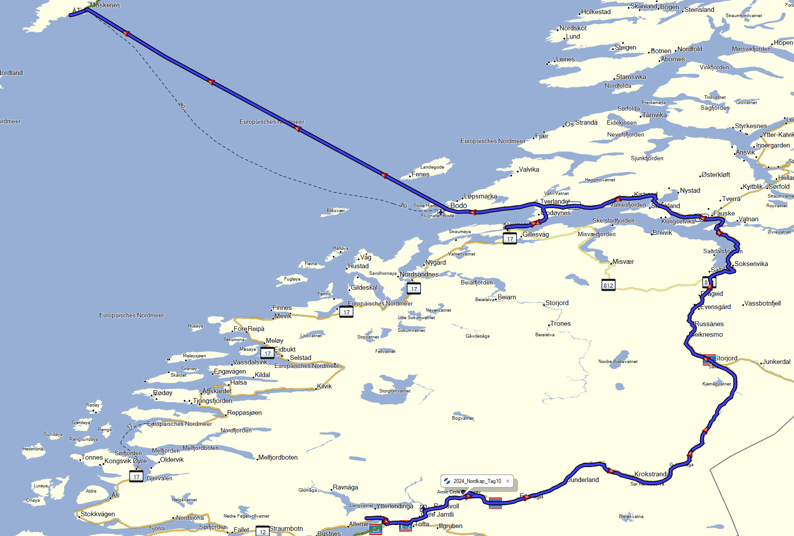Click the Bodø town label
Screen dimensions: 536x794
[459, 205]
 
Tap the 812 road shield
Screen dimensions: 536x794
[608, 285]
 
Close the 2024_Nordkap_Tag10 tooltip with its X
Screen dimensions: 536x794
[508, 481]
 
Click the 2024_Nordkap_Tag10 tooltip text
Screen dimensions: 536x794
[477, 481]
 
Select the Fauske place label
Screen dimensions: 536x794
[724, 213]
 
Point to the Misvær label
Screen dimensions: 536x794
[623, 262]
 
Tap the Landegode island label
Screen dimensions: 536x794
[432, 167]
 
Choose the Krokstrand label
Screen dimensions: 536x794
[652, 474]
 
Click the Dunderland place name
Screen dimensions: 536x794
[583, 480]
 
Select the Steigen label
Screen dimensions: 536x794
[625, 47]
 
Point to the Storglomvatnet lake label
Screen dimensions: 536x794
[395, 391]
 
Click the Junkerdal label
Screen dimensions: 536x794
[776, 362]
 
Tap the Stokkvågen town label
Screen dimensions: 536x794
[98, 514]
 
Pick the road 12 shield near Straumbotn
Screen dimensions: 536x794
[262, 532]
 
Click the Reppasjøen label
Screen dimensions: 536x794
[244, 413]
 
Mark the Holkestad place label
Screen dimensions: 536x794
[596, 12]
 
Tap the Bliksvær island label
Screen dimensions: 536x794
[336, 210]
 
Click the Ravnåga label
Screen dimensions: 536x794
[345, 487]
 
